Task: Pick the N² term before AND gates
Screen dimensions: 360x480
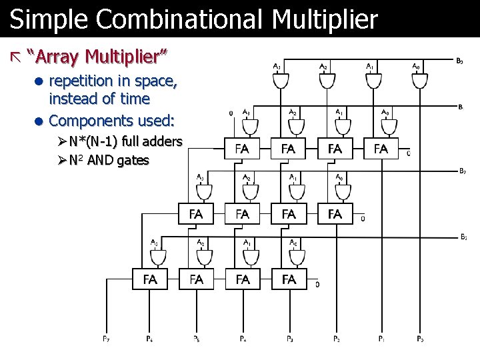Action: pos(77,159)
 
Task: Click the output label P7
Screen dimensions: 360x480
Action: pos(106,339)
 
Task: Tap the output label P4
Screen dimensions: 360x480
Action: pos(244,339)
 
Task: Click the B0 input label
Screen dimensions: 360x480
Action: pos(460,61)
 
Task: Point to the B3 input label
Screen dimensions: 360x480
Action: pos(463,236)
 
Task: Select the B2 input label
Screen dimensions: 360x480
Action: pos(462,170)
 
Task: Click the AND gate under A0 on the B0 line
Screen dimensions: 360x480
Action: pos(419,81)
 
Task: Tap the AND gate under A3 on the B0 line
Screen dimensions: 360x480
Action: pos(280,81)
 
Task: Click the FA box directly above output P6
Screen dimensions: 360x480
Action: pos(150,279)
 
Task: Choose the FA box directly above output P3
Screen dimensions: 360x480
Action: pos(289,279)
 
